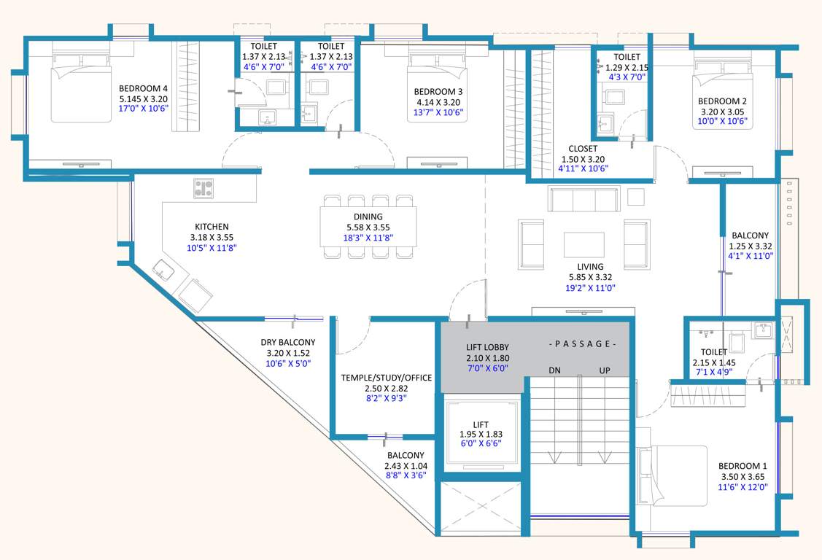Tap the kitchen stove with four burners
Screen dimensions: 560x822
click(x=203, y=189)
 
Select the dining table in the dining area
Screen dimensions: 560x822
click(x=368, y=226)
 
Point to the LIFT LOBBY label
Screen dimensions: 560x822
click(x=487, y=347)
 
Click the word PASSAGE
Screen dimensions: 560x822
click(x=583, y=343)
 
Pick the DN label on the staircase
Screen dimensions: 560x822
click(x=555, y=370)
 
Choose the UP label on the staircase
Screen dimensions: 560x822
click(x=605, y=370)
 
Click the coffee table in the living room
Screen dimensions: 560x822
click(x=583, y=244)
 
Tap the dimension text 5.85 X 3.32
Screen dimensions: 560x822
click(x=590, y=277)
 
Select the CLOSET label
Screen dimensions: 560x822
click(x=582, y=149)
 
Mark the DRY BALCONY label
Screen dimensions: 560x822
click(x=287, y=342)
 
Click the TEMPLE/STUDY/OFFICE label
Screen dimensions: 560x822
click(x=387, y=378)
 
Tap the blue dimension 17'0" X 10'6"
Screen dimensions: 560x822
click(x=144, y=109)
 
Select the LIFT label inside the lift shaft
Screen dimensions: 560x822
click(x=481, y=424)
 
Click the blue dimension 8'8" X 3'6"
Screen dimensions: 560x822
click(x=406, y=475)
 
